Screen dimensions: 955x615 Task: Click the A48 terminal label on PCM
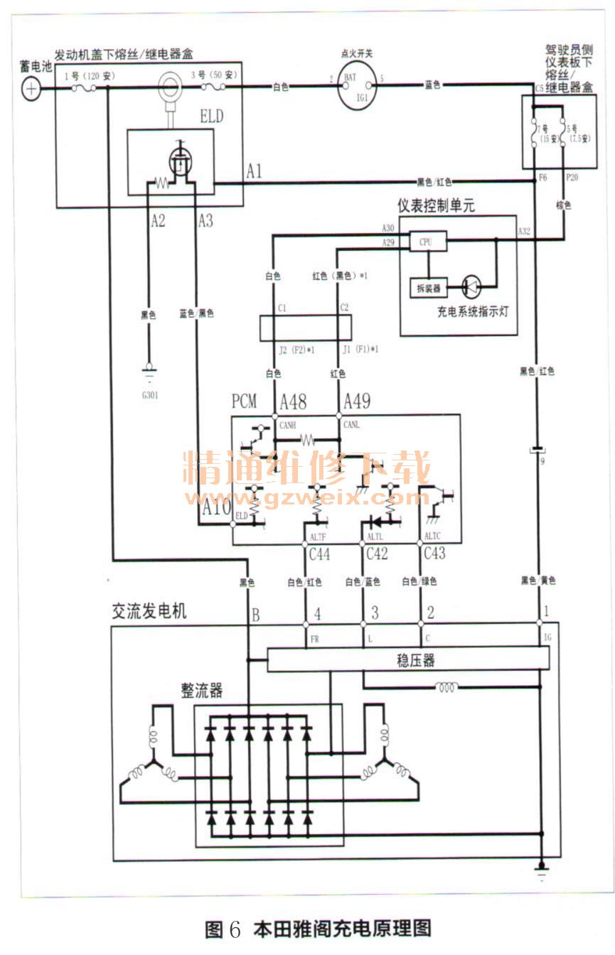tap(293, 402)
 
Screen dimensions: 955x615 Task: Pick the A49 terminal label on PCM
tap(357, 402)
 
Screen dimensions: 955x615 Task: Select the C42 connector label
tap(377, 554)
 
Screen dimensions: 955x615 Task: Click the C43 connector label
tap(435, 554)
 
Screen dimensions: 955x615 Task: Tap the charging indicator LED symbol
tap(472, 286)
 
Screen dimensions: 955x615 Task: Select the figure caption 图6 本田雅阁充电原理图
tap(317, 928)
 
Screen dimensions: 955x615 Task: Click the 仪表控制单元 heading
tap(436, 206)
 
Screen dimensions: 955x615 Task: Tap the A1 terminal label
tap(254, 171)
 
